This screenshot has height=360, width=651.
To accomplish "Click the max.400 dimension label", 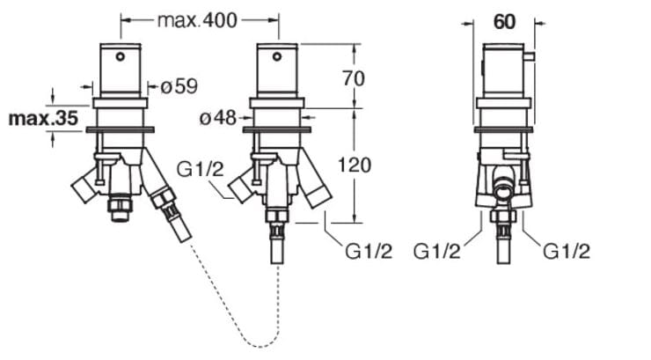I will point(197,20).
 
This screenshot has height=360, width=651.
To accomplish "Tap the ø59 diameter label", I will point(179,86).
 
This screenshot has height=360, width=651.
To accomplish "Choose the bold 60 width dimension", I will point(503,23).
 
